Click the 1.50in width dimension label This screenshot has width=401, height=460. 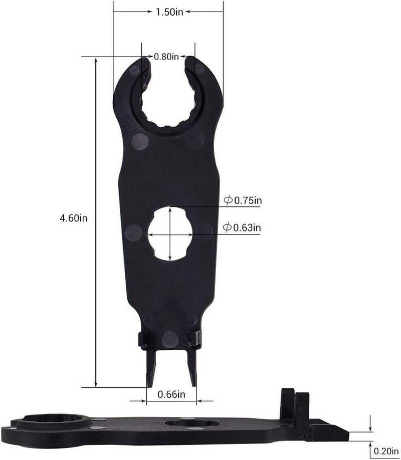pyautogui.click(x=168, y=13)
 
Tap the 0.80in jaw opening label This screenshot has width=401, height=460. pyautogui.click(x=166, y=57)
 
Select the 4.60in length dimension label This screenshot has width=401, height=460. pyautogui.click(x=74, y=218)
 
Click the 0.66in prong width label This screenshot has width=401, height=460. pyautogui.click(x=171, y=394)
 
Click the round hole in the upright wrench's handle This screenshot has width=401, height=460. pyautogui.click(x=171, y=233)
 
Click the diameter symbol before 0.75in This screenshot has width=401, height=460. pyautogui.click(x=228, y=201)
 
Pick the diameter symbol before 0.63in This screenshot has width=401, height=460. pyautogui.click(x=228, y=228)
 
